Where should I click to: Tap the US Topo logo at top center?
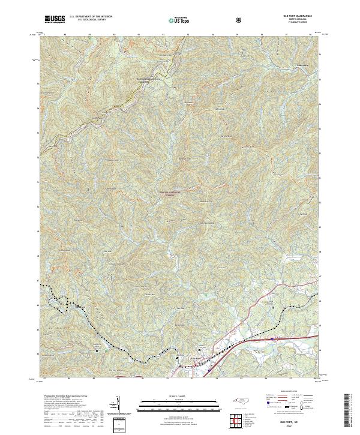[x=179, y=19]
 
